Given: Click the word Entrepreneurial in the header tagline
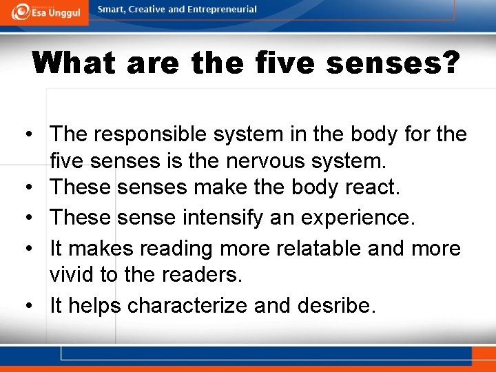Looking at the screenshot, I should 223,10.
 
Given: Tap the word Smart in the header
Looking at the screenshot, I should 111,10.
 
